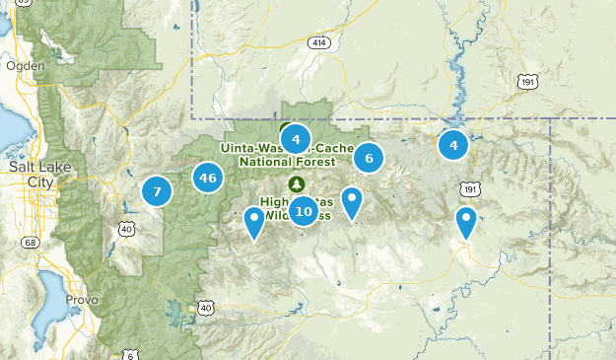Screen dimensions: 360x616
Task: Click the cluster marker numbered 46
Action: coord(207,179)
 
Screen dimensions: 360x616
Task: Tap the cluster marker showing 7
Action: coord(157,190)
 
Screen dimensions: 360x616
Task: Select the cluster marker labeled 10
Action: coord(303,210)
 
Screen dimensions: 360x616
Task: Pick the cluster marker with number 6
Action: coord(369,158)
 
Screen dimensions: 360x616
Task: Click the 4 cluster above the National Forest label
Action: coord(296,139)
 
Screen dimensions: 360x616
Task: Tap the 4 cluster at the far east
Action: coord(453,146)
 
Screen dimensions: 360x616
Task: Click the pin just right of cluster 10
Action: coord(352,203)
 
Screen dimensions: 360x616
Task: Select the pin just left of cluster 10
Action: coord(254,222)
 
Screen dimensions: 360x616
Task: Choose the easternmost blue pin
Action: coord(465,222)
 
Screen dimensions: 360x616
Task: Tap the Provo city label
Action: coord(76,298)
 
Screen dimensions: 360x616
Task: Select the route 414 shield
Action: coord(317,43)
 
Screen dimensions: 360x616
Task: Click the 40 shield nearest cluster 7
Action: coord(127,229)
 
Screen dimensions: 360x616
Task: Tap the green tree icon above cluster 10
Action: coord(296,184)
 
